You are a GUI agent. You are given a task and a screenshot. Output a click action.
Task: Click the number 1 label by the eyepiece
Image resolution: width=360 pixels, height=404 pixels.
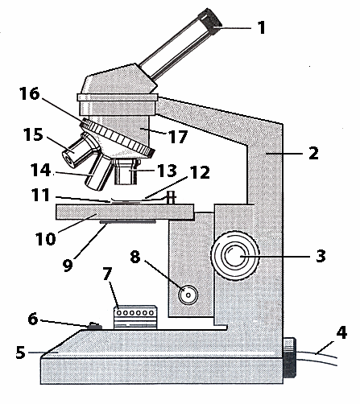(x=260, y=27)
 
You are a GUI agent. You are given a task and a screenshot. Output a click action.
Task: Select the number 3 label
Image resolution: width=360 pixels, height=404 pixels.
(x=321, y=257)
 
